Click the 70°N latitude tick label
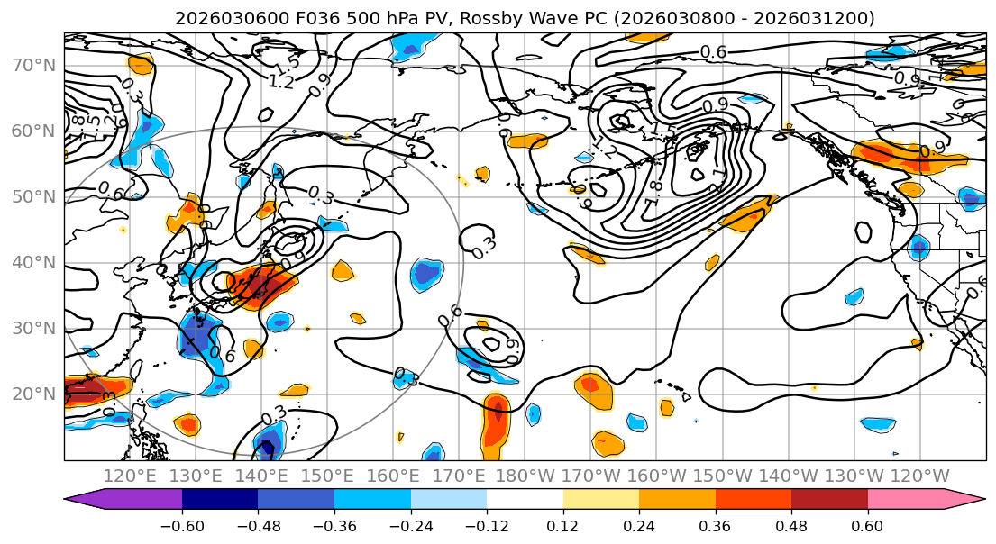pos(32,66)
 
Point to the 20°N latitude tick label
pos(32,394)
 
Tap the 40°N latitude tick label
pos(32,262)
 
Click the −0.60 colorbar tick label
pos(182,524)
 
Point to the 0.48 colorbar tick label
pos(791,524)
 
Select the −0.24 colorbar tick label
pos(410,524)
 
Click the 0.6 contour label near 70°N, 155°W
pos(713,52)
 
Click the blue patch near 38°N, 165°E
pos(427,274)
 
